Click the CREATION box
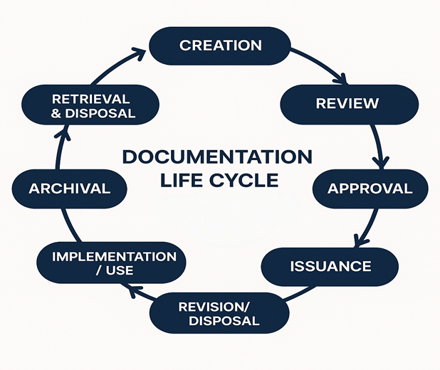(x=220, y=46)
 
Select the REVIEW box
(x=348, y=104)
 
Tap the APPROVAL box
(x=370, y=189)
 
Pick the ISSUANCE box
(x=330, y=267)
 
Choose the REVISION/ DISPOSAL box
(x=220, y=313)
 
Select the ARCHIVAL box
(x=69, y=189)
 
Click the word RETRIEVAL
(x=91, y=98)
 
